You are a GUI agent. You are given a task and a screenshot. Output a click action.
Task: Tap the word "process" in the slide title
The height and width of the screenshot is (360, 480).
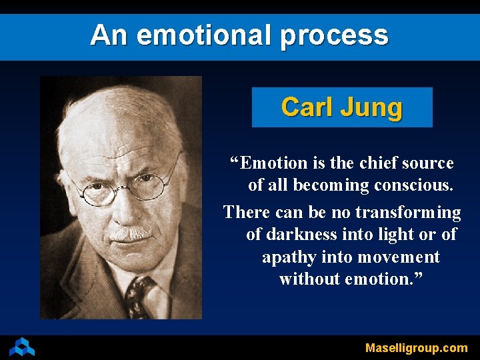334,36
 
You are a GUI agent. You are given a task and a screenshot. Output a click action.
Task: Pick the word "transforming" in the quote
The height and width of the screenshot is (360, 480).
408,213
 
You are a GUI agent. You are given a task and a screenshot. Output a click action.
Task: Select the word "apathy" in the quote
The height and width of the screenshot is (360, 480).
289,257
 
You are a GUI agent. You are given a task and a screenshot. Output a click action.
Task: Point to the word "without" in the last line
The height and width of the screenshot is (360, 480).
309,279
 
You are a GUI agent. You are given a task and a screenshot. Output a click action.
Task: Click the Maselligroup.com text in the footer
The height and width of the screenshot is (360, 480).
416,347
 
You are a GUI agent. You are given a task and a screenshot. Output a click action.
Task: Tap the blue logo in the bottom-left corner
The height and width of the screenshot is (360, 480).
22,346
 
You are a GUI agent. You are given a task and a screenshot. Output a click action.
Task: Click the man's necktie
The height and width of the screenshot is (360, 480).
140,296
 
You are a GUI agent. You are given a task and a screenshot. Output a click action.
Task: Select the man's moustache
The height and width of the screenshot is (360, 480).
130,233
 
